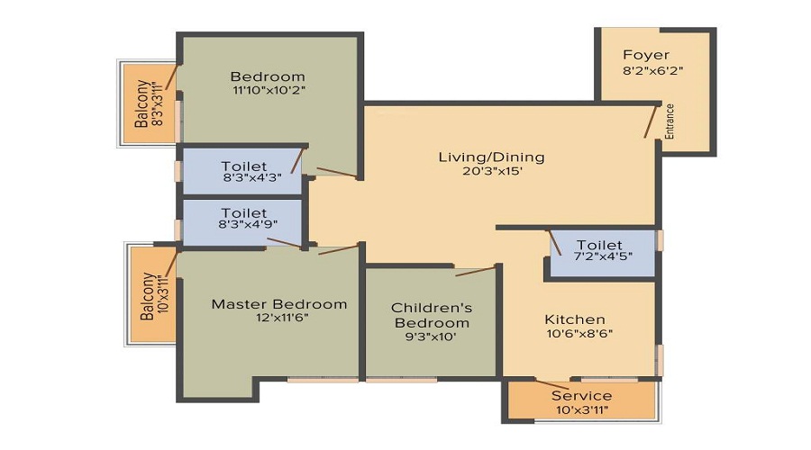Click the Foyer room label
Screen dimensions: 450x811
pos(646,55)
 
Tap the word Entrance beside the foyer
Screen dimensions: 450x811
pos(670,121)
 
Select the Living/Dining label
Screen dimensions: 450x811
pos(491,157)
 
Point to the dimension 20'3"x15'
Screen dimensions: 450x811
pos(491,172)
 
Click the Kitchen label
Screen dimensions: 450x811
pos(575,319)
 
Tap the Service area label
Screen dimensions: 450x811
pos(581,396)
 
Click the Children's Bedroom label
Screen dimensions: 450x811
pos(430,315)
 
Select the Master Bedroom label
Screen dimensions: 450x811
pos(278,304)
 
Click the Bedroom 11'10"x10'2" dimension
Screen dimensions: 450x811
pos(268,91)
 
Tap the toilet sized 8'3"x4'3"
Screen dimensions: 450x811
pos(243,172)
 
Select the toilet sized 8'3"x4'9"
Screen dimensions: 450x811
pos(243,220)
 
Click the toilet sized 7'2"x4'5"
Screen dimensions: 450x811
pos(599,251)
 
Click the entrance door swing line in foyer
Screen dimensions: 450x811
pos(651,121)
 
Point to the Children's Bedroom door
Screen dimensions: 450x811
pos(475,269)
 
